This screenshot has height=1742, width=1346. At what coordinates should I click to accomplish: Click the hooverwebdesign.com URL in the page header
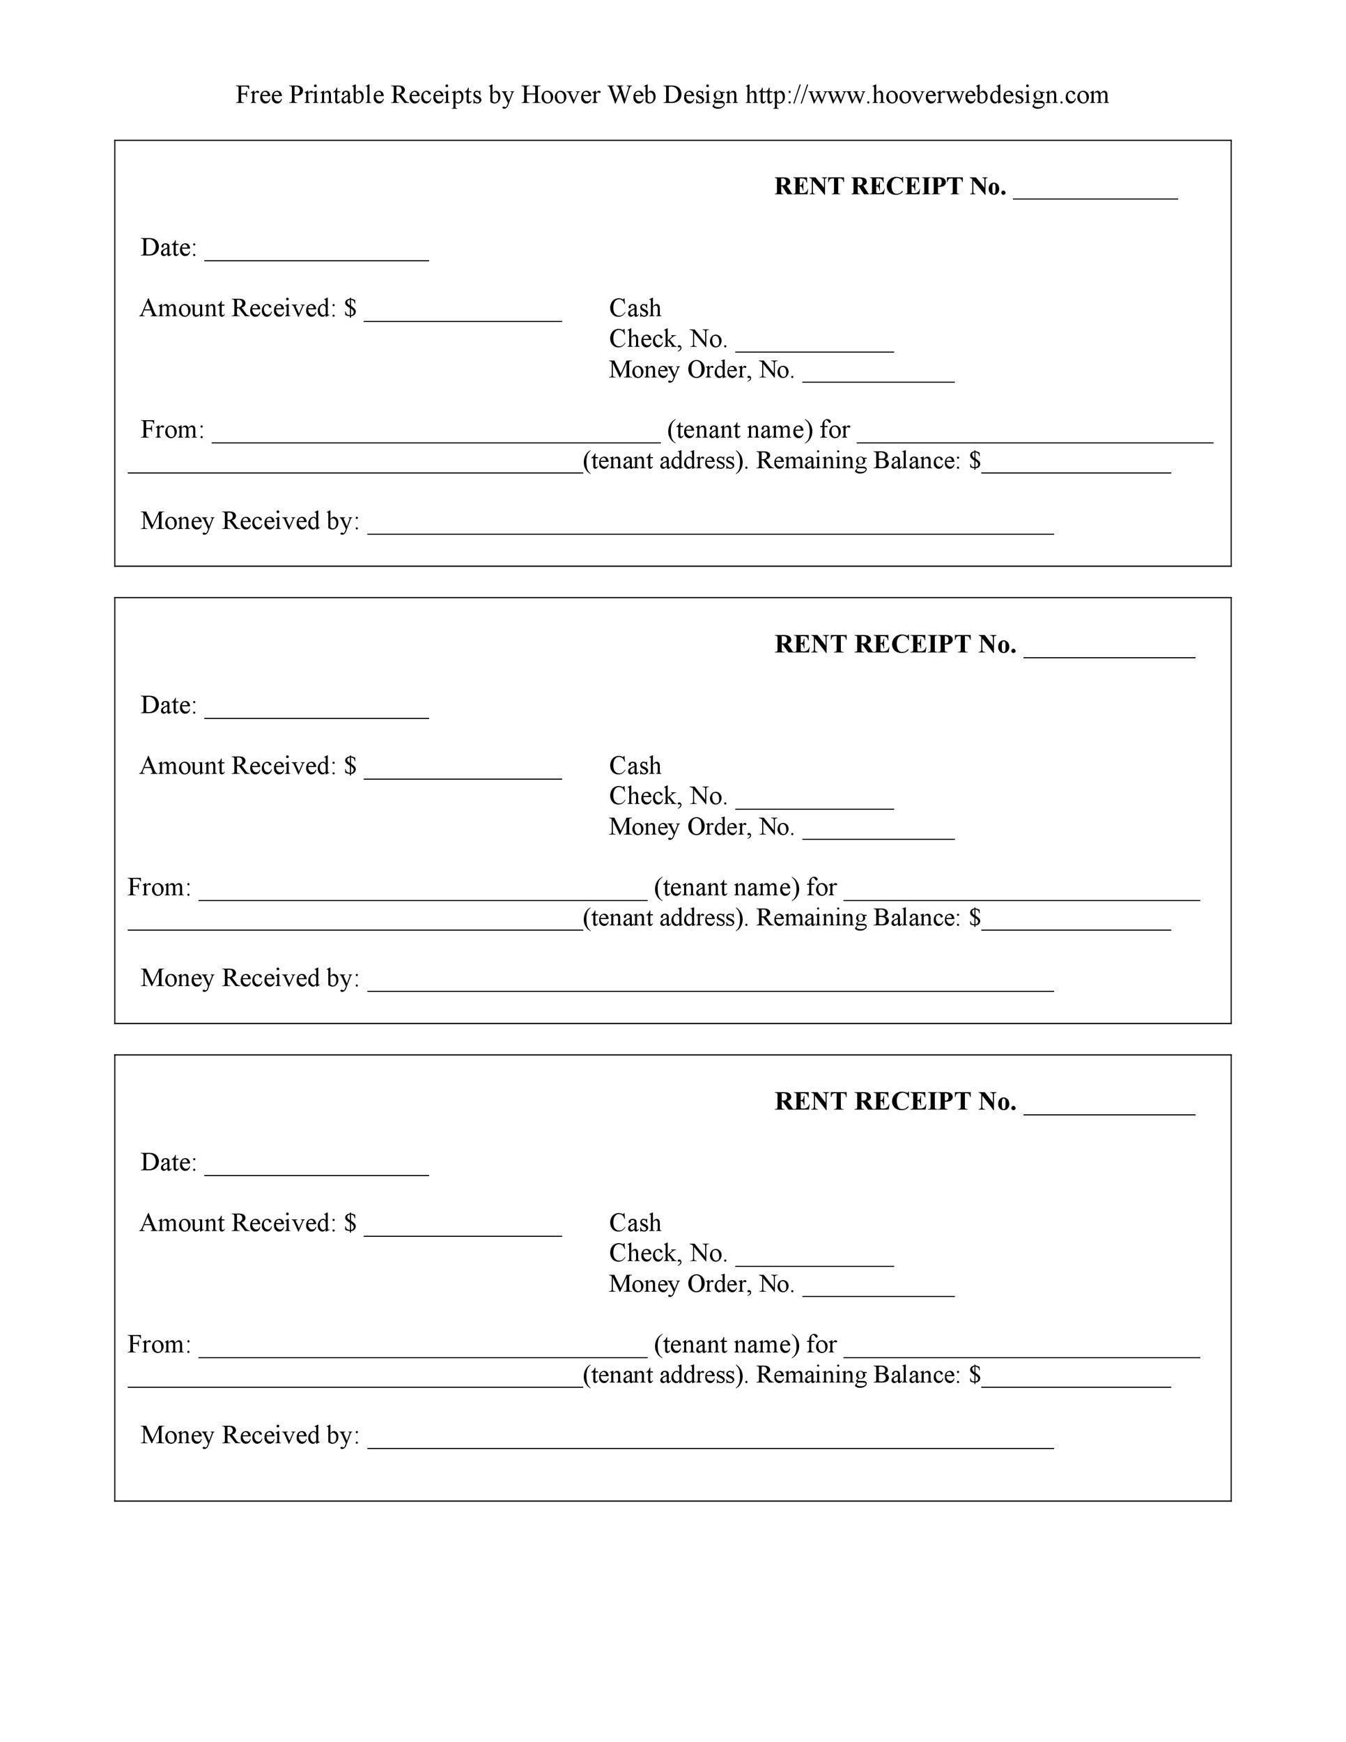tap(927, 95)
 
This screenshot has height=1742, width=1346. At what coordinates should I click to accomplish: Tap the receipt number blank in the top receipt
tap(1094, 192)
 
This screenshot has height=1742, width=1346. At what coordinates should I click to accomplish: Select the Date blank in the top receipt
tap(316, 254)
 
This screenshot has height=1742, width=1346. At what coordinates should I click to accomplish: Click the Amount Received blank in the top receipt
tap(463, 314)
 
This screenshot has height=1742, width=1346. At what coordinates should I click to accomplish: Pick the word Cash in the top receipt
tap(635, 308)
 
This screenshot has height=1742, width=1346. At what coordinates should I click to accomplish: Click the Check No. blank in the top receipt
tap(814, 345)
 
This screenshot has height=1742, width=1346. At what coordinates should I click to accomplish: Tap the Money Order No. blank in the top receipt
tap(878, 376)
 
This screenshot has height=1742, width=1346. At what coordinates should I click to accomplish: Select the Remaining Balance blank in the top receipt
tap(1076, 467)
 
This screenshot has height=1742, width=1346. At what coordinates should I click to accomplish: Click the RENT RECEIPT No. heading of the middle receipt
tap(895, 645)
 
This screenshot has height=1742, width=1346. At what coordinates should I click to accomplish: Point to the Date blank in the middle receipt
tap(316, 711)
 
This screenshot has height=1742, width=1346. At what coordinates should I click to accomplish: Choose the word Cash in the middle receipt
tap(635, 766)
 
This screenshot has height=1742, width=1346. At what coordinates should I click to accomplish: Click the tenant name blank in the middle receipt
tap(423, 893)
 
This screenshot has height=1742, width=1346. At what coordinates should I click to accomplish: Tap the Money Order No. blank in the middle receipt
tap(878, 833)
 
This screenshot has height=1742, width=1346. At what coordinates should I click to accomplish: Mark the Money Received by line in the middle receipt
tap(710, 985)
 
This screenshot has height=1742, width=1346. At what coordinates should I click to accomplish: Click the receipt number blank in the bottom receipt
tap(1108, 1107)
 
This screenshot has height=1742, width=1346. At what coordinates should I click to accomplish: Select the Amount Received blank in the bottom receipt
tap(463, 1229)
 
